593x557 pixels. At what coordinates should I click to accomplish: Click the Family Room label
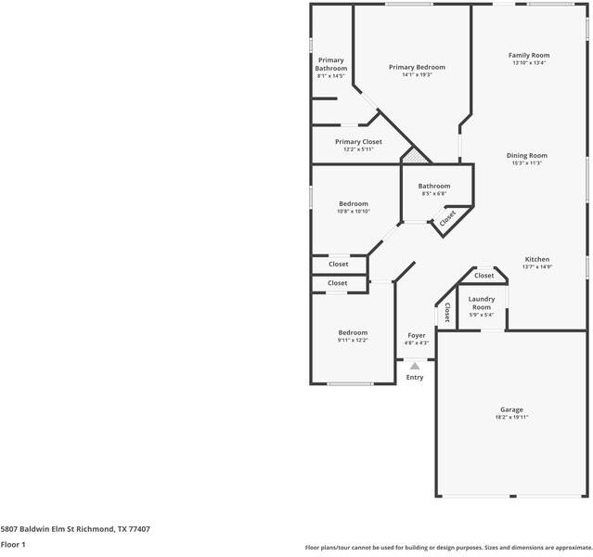pyautogui.click(x=528, y=56)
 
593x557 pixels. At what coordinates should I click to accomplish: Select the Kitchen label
pyautogui.click(x=537, y=259)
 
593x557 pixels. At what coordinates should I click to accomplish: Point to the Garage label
pyautogui.click(x=511, y=409)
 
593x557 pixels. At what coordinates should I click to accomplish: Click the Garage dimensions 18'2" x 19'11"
pyautogui.click(x=511, y=418)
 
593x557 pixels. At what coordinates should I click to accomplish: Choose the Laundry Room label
pyautogui.click(x=481, y=303)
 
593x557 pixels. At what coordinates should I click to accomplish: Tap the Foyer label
pyautogui.click(x=416, y=334)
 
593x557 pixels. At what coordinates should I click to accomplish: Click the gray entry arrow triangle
pyautogui.click(x=415, y=366)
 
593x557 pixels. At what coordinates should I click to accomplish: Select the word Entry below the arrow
pyautogui.click(x=415, y=377)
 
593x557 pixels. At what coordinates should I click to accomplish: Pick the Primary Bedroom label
pyautogui.click(x=417, y=67)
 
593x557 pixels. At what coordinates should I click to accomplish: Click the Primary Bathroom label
pyautogui.click(x=330, y=64)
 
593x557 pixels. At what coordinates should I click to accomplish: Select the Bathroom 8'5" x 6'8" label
pyautogui.click(x=433, y=186)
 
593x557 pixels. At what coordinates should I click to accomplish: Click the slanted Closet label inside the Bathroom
pyautogui.click(x=448, y=219)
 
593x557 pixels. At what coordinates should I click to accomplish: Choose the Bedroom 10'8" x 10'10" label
pyautogui.click(x=353, y=203)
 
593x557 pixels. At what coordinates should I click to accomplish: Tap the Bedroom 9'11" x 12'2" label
pyautogui.click(x=353, y=332)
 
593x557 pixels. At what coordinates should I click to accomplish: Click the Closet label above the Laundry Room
pyautogui.click(x=484, y=276)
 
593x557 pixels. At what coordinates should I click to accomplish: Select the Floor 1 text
pyautogui.click(x=12, y=544)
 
